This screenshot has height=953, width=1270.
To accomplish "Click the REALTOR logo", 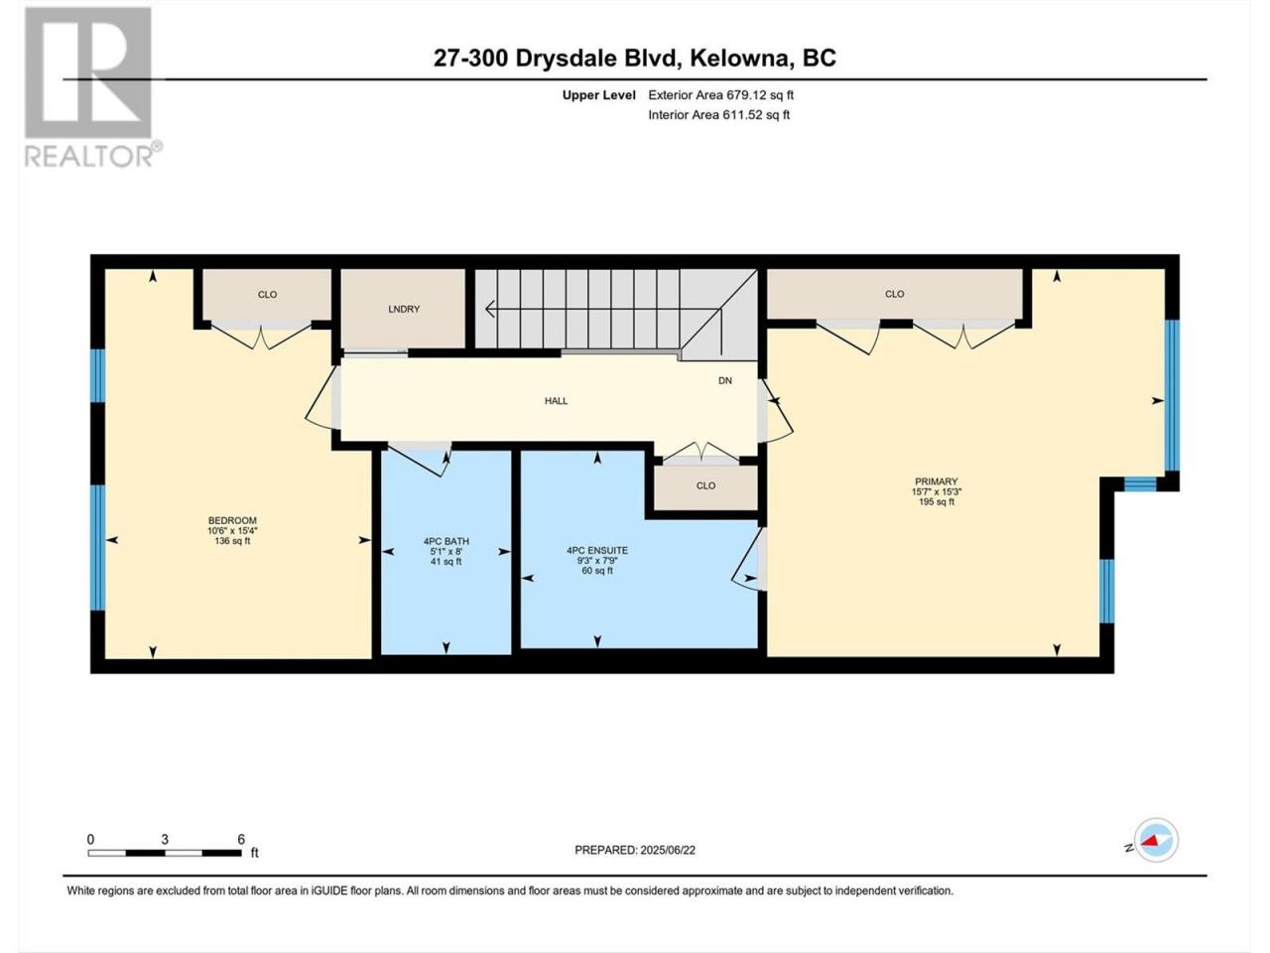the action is [91, 87].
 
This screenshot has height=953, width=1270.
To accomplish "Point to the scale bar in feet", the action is [165, 853].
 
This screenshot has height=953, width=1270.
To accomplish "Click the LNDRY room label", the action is [404, 309].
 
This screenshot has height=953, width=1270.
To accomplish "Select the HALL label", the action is [556, 400].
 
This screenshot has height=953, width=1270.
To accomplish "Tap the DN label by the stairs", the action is [725, 380].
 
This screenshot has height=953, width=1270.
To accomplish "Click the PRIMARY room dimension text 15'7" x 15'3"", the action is [937, 491].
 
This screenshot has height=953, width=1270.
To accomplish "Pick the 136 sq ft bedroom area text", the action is [232, 541].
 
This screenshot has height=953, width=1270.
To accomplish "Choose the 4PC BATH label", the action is [446, 541].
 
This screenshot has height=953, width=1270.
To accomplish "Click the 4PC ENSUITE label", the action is [597, 550].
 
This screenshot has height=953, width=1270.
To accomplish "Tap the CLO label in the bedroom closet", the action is [267, 295].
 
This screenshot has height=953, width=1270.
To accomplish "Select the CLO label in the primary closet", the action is [895, 294].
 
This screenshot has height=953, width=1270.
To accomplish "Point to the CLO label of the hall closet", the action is [705, 485].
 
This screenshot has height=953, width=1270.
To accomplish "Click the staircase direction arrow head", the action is [489, 309].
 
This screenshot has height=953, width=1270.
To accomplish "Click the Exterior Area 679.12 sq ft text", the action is [721, 95].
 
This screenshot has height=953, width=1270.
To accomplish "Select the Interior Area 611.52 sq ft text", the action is [718, 114].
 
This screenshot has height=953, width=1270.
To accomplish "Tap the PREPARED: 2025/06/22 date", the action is [635, 850].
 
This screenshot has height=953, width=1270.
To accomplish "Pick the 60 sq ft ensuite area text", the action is [597, 571].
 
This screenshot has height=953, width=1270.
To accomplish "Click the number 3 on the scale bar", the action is [165, 839].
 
